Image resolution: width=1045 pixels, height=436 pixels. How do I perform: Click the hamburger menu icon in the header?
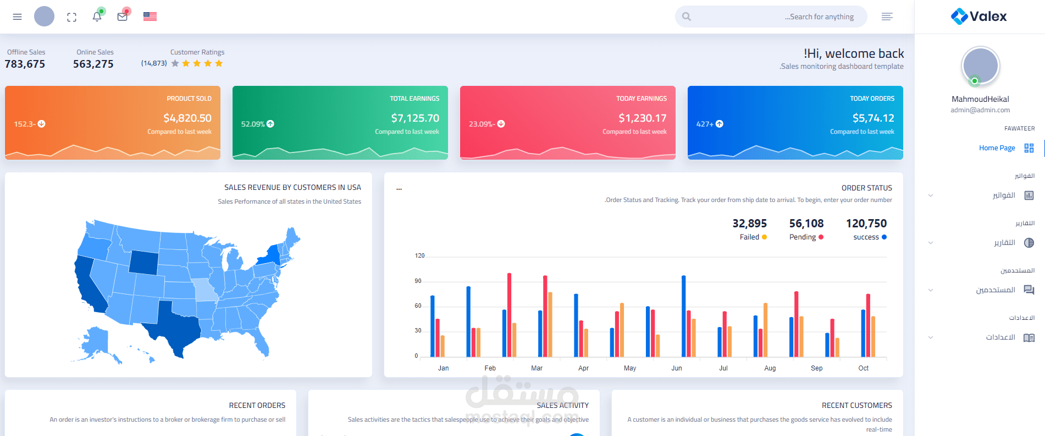point(17,17)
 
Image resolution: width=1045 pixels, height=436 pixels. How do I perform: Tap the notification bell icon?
point(97,17)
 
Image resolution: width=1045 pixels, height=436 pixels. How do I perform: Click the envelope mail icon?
point(122,17)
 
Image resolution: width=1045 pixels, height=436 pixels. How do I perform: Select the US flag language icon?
point(150,17)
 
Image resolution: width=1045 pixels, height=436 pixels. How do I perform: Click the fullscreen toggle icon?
point(71,17)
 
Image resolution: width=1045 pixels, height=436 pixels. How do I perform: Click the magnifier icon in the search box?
point(687,17)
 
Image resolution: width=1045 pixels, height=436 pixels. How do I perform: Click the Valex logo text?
point(988,17)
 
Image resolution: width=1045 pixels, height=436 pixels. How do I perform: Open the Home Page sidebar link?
point(997,148)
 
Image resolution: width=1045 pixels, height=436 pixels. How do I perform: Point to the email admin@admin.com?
point(980,110)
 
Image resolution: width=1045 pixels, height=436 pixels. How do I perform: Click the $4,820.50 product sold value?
point(187,118)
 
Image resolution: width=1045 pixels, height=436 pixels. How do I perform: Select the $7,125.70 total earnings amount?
point(415,118)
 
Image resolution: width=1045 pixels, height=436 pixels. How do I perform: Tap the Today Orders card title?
point(872,99)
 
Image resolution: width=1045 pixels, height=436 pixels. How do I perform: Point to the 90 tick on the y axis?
point(418,281)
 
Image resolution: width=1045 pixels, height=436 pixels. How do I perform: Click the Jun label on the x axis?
point(677,368)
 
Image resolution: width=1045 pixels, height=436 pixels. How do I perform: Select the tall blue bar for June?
point(684,316)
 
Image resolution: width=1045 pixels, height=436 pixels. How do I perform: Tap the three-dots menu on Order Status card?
point(399,189)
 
